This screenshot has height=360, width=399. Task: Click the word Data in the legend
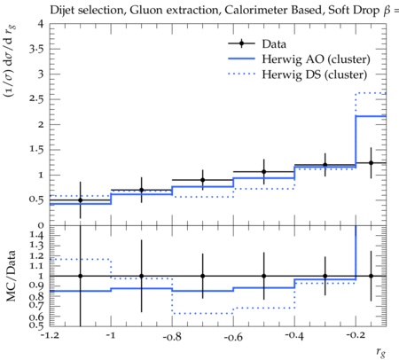click(x=274, y=44)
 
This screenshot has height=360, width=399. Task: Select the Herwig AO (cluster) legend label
click(x=316, y=59)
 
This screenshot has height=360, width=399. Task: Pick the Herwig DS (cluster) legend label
click(x=315, y=74)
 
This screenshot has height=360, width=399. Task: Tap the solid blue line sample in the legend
click(x=241, y=59)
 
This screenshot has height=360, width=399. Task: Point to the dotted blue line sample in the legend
click(x=241, y=74)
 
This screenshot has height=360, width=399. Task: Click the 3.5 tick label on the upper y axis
click(x=36, y=49)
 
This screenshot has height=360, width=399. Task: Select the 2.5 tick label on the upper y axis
click(x=36, y=98)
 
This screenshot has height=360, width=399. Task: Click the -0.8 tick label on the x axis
click(x=172, y=336)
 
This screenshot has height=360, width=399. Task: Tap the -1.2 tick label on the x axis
click(x=50, y=335)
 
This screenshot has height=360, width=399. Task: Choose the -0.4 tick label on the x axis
click(x=294, y=336)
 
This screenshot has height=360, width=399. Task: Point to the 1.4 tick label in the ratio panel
click(x=36, y=235)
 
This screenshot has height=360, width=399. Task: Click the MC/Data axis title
click(x=11, y=276)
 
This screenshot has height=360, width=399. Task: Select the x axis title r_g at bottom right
click(x=381, y=352)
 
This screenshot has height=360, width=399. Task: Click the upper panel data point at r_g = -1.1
click(x=80, y=200)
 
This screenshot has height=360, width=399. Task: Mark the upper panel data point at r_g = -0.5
click(x=264, y=172)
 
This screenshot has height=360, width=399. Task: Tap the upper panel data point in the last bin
click(x=371, y=163)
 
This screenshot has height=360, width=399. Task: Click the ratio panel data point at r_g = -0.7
click(x=203, y=276)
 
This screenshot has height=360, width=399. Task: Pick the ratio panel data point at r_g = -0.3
click(x=325, y=276)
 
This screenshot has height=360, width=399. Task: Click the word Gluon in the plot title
click(x=143, y=10)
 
